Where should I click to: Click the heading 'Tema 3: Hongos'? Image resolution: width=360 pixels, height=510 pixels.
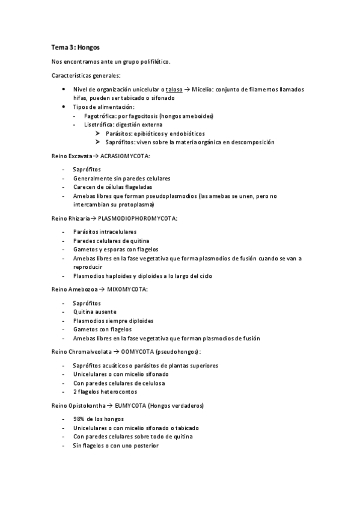coord(75,47)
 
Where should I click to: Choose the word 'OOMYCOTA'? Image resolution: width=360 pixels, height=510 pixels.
coord(136,352)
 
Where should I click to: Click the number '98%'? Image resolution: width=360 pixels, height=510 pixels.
coord(79,419)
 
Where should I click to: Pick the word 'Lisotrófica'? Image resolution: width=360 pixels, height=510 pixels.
coord(99,124)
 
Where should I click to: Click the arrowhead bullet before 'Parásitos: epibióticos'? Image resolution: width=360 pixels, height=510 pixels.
coord(97,134)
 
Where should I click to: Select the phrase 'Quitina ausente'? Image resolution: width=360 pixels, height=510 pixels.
coord(95,312)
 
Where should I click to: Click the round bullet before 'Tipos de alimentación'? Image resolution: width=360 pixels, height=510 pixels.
coord(64,106)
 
